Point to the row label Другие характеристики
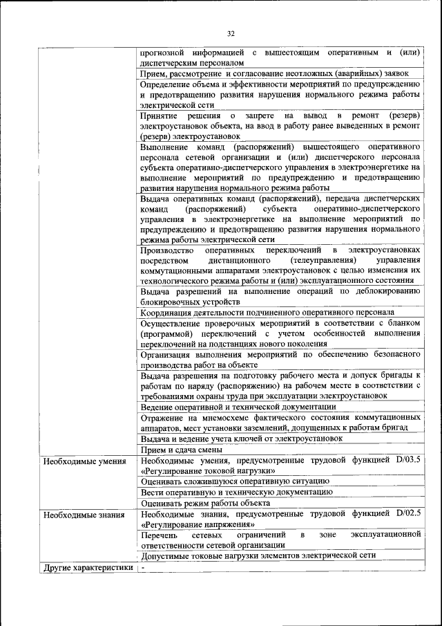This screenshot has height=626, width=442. pyautogui.click(x=88, y=568)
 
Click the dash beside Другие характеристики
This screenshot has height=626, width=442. pyautogui.click(x=143, y=568)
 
